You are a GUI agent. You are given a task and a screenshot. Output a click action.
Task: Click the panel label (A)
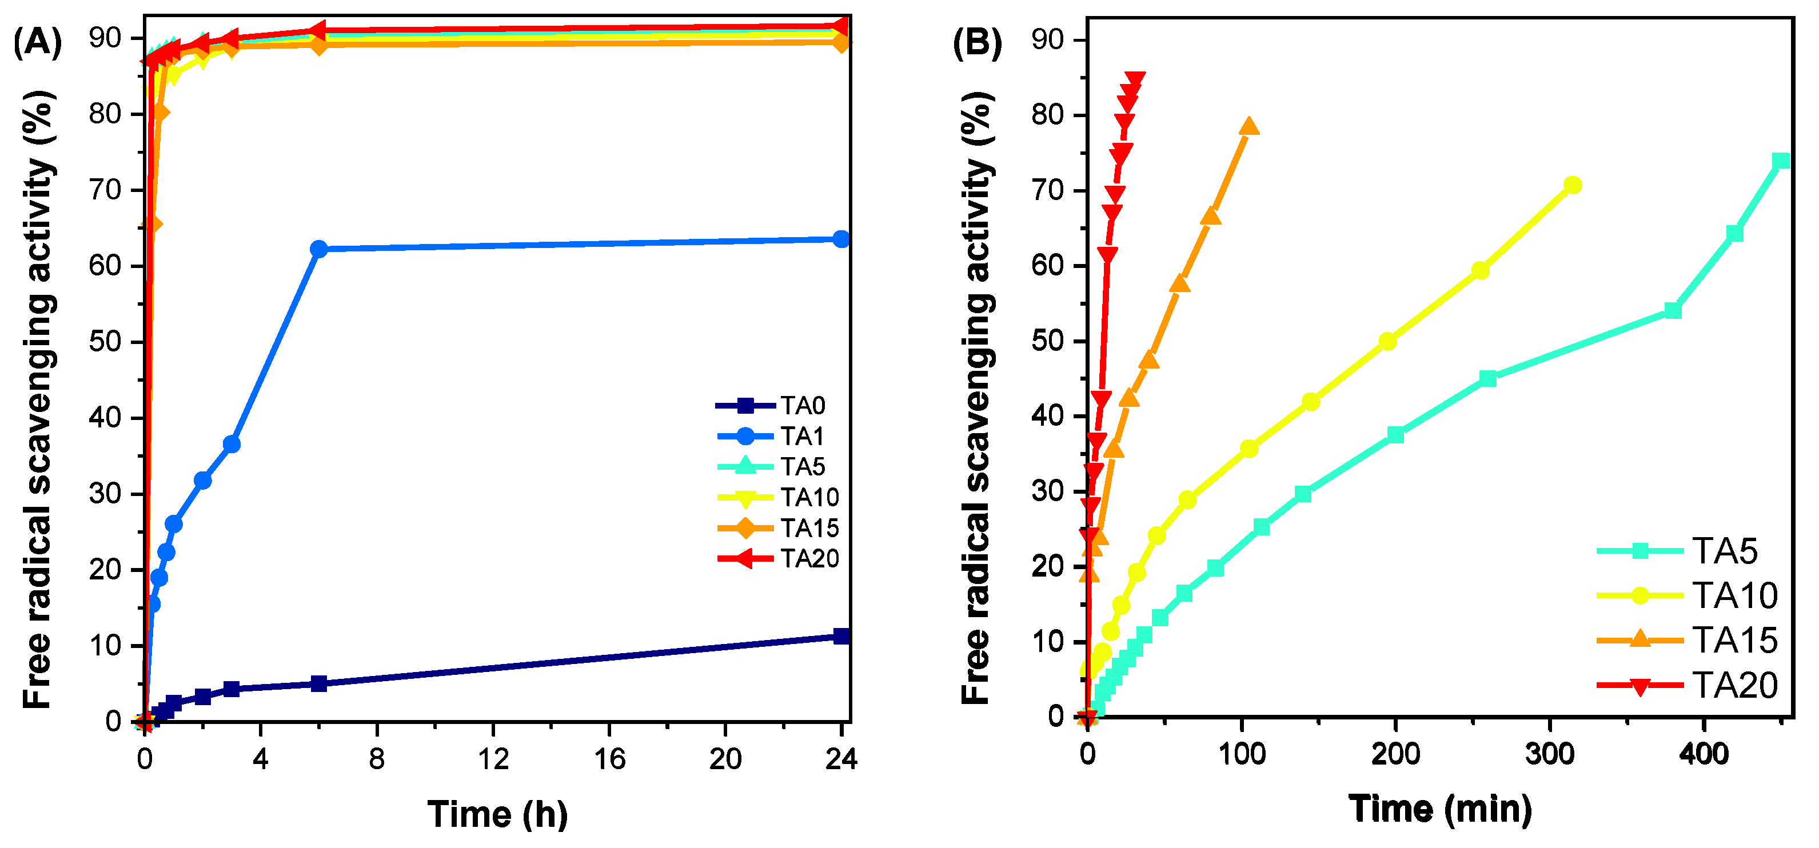[x=37, y=42]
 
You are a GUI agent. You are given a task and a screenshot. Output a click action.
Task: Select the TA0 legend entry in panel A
[x=803, y=406]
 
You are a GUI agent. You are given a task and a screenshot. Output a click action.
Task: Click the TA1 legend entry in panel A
[x=802, y=437]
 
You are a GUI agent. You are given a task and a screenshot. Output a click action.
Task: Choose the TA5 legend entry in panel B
[x=1724, y=551]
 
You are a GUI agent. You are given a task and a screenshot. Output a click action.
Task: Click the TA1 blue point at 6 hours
[x=319, y=249]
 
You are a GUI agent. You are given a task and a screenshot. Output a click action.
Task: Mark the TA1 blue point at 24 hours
[x=841, y=239]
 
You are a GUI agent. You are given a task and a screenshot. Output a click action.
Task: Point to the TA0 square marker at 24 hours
[x=841, y=636]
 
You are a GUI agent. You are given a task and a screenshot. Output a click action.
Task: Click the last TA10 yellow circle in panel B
[x=1573, y=185]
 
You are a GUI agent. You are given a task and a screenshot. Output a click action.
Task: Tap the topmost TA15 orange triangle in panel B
[x=1249, y=126]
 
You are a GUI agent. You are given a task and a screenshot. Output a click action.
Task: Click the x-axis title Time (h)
[x=497, y=814]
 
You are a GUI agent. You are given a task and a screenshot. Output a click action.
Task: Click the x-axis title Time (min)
[x=1440, y=809]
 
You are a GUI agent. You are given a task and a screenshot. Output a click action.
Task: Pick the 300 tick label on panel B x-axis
[x=1549, y=755]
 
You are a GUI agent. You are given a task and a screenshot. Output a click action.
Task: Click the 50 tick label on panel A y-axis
[x=105, y=342]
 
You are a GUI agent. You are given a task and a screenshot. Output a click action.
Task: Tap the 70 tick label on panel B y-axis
[x=1048, y=191]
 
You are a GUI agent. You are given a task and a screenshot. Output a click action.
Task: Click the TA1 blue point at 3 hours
[x=232, y=444]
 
